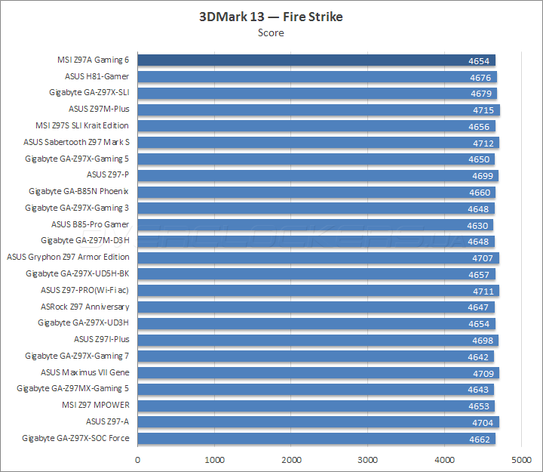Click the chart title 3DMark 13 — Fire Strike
(271, 17)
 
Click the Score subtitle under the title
(271, 32)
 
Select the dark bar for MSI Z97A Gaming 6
(317, 60)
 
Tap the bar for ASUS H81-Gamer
(317, 77)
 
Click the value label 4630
(478, 225)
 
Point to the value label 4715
(483, 110)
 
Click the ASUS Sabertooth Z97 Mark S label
(76, 142)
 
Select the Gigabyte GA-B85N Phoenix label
(78, 192)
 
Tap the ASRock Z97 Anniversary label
(84, 307)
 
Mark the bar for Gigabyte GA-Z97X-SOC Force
(317, 439)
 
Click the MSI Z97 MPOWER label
(95, 406)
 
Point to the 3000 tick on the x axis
(368, 459)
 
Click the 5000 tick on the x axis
(521, 459)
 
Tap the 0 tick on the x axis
(138, 459)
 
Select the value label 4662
(480, 439)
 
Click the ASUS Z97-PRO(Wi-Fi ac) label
(84, 290)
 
